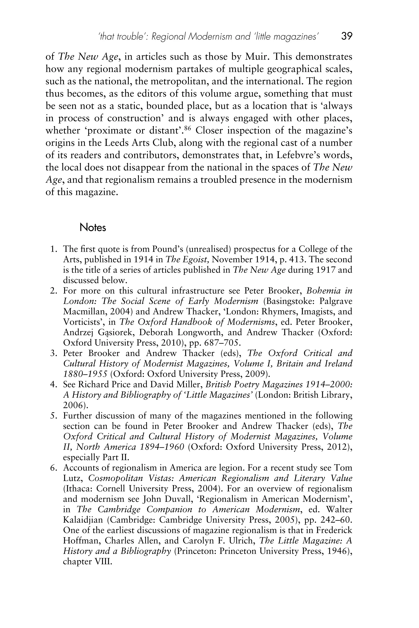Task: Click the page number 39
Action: point(347,36)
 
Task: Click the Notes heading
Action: point(93,228)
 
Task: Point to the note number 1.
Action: point(53,249)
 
